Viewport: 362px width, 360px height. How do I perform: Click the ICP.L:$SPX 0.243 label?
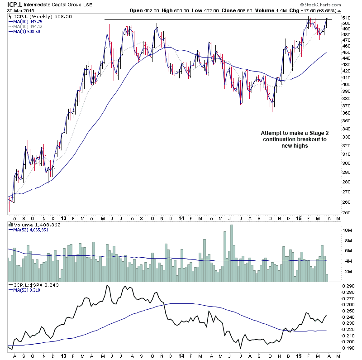click(x=34, y=285)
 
